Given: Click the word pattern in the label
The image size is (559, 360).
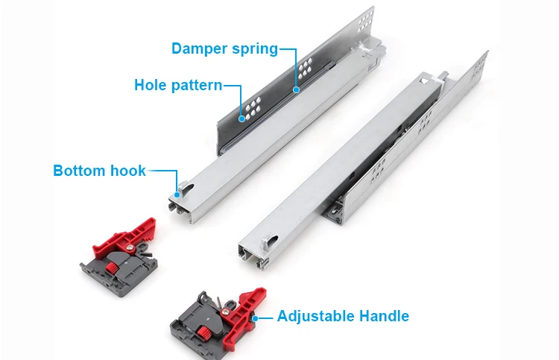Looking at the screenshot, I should (x=196, y=85).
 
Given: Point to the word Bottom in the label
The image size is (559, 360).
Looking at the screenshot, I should (x=80, y=171).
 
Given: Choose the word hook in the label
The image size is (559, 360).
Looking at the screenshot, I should (x=128, y=171).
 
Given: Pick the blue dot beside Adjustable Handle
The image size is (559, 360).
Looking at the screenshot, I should (x=255, y=318).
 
